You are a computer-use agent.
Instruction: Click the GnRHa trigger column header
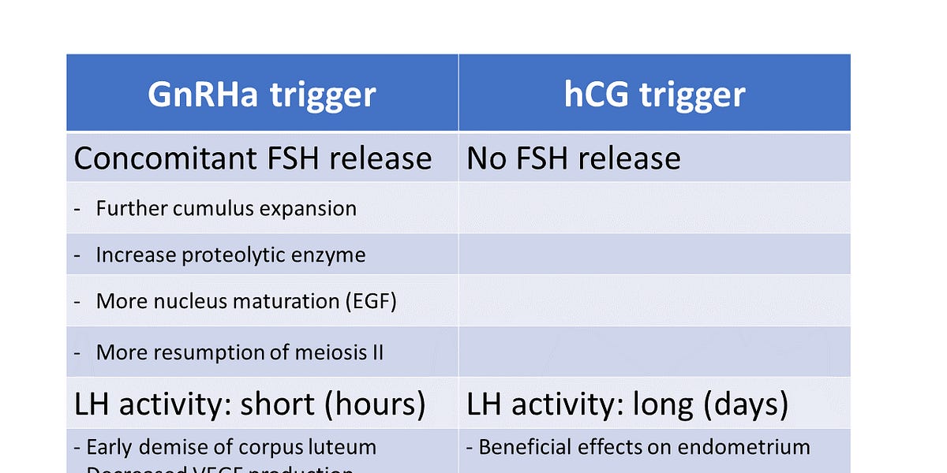(261, 95)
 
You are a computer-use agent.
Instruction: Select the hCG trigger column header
(654, 95)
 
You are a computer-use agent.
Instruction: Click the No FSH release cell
(574, 158)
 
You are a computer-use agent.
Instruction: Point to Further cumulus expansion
(226, 208)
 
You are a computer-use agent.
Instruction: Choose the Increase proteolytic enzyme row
(230, 255)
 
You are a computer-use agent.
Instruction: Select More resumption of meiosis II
(239, 352)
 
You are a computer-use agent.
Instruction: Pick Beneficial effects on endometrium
(644, 447)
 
